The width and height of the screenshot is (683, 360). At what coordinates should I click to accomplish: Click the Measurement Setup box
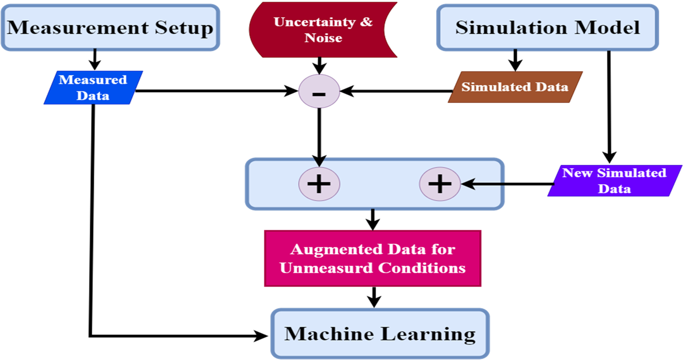click(x=110, y=28)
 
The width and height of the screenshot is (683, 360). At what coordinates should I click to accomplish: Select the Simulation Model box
click(x=547, y=28)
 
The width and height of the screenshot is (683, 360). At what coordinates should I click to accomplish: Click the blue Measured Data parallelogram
click(x=93, y=87)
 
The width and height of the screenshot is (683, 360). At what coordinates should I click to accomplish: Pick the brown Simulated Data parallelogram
click(x=515, y=87)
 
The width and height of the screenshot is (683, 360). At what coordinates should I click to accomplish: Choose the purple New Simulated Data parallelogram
click(x=614, y=180)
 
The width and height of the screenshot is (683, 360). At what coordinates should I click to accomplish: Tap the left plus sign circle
click(x=319, y=184)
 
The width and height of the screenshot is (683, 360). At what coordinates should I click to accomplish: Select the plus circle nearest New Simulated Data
click(x=440, y=184)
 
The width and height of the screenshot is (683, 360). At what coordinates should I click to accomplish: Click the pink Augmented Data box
click(x=373, y=258)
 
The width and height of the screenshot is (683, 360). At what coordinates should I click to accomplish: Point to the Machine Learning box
click(x=380, y=334)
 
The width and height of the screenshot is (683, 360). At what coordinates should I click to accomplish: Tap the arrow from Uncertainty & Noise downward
click(x=319, y=66)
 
